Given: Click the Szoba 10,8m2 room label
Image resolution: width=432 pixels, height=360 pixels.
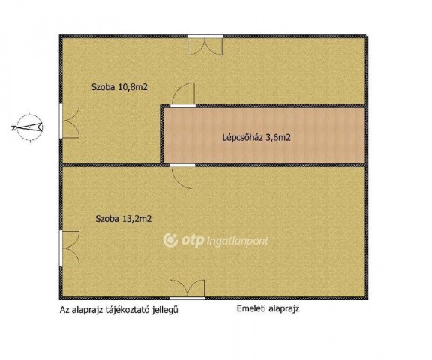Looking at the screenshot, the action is [x=119, y=87].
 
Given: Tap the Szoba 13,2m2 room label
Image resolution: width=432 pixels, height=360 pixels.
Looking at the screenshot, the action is [x=124, y=219].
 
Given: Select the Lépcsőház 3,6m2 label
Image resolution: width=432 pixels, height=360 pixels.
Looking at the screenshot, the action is [x=256, y=138].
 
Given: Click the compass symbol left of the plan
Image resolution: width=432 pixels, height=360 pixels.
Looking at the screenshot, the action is [x=29, y=127].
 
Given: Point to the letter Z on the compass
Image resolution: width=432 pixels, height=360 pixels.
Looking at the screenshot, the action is [x=13, y=128].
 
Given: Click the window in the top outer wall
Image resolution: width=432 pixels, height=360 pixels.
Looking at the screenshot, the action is [x=205, y=37].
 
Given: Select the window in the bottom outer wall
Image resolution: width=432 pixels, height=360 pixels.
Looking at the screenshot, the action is [x=187, y=298].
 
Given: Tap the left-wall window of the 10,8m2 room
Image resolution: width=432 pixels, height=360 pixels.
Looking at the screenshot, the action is [x=61, y=121].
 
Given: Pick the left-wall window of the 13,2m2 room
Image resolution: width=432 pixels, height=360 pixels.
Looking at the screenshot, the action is [x=61, y=248].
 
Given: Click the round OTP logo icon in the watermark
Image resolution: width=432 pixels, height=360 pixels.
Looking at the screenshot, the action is [x=170, y=240].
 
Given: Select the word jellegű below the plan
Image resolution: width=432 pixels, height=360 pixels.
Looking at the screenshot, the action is [x=165, y=310].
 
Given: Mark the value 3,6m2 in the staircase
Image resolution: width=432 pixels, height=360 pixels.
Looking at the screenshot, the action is [x=278, y=138].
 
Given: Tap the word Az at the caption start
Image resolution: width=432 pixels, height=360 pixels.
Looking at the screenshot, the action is [x=64, y=310].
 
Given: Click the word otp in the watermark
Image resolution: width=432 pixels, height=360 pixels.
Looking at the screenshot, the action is [x=193, y=241].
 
